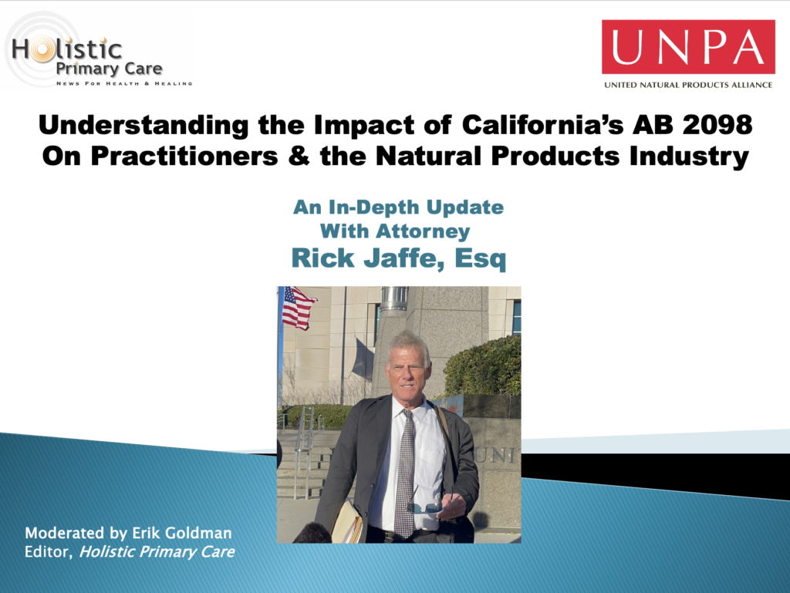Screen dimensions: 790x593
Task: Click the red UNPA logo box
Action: pyautogui.click(x=688, y=47)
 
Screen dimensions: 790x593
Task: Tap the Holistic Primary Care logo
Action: pyautogui.click(x=98, y=50)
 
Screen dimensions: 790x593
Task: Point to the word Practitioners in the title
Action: pyautogui.click(x=184, y=156)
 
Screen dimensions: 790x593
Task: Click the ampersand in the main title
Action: pyautogui.click(x=299, y=156)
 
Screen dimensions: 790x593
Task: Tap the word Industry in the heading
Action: pyautogui.click(x=689, y=157)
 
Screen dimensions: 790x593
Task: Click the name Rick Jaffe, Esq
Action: pyautogui.click(x=399, y=258)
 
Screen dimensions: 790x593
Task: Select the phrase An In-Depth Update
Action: pyautogui.click(x=399, y=207)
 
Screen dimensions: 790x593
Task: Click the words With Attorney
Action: pyautogui.click(x=395, y=231)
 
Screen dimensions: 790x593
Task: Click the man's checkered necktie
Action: pyautogui.click(x=405, y=473)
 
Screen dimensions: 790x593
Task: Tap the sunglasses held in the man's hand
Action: pyautogui.click(x=426, y=507)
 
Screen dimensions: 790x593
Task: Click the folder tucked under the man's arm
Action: pyautogui.click(x=347, y=521)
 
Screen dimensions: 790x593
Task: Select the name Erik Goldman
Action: pyautogui.click(x=182, y=533)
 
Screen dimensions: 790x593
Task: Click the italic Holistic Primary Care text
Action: pyautogui.click(x=157, y=551)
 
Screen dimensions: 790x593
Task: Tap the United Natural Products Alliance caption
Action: pyautogui.click(x=688, y=85)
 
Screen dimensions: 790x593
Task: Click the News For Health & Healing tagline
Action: pyautogui.click(x=124, y=83)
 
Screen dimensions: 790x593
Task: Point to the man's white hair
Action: pyautogui.click(x=409, y=344)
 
